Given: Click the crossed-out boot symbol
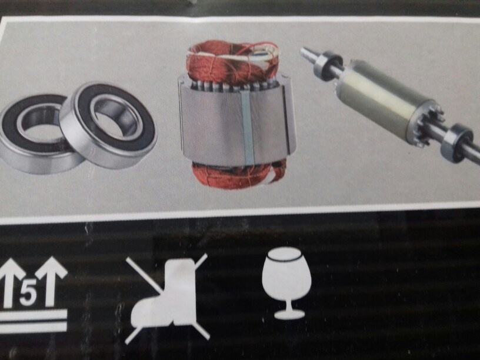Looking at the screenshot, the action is pyautogui.click(x=167, y=299).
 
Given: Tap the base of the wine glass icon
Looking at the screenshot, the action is pyautogui.click(x=289, y=314).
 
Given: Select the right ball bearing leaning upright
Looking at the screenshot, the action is pyautogui.click(x=109, y=125).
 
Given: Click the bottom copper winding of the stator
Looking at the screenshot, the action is pyautogui.click(x=239, y=175).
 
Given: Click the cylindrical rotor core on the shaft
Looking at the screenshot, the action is pyautogui.click(x=384, y=99).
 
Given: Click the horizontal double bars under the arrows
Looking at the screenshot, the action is pyautogui.click(x=33, y=321).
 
